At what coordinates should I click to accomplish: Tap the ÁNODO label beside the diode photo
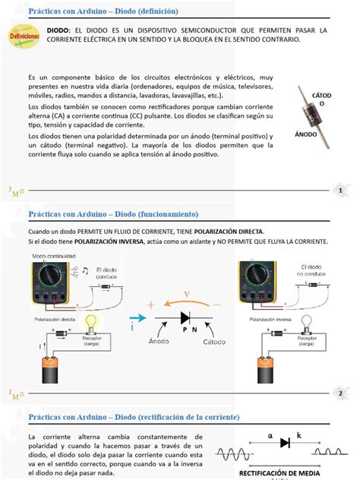[305, 132]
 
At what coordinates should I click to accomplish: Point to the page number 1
[341, 190]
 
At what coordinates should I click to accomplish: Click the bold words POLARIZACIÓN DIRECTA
[229, 231]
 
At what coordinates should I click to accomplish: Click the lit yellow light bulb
[90, 322]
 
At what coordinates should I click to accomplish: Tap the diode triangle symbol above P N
[185, 317]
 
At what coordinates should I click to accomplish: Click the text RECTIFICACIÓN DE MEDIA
[286, 472]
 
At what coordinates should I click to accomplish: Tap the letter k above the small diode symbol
[298, 435]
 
